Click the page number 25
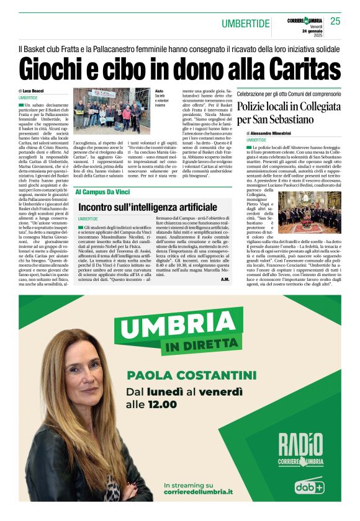(335, 22)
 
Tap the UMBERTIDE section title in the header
(246, 24)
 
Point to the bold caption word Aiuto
(160, 91)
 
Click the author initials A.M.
(225, 280)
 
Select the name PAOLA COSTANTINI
(191, 375)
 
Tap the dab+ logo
(308, 486)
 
